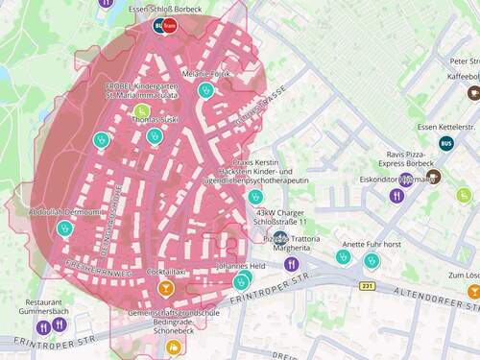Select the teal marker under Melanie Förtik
204,90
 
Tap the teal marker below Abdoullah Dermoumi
64,229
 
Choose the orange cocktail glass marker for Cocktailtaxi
165,287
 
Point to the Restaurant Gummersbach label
51,307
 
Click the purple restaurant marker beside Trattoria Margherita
293,263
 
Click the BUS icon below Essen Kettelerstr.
446,144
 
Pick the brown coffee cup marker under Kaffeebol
473,93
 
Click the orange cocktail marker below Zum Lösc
473,291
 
